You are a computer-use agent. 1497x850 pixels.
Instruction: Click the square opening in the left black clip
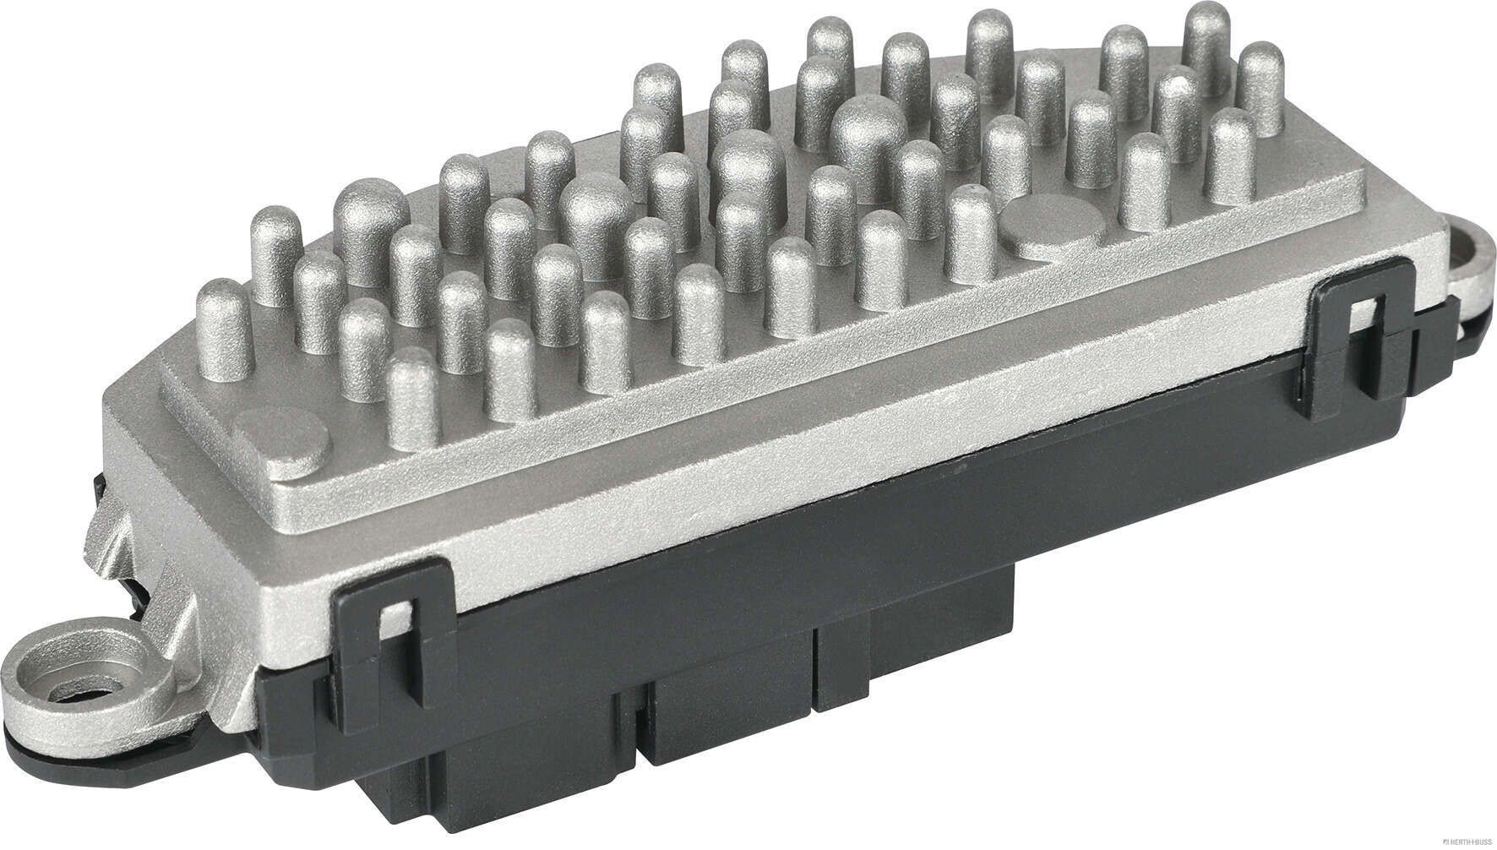pyautogui.click(x=391, y=621)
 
